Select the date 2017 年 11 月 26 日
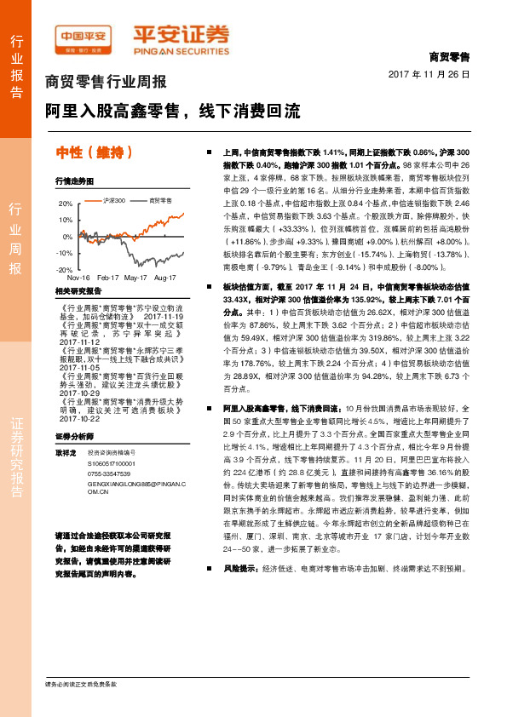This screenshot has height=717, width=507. click(435, 74)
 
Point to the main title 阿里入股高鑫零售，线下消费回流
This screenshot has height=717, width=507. click(173, 111)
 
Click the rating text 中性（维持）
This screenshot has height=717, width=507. click(94, 152)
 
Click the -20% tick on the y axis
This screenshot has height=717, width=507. click(66, 269)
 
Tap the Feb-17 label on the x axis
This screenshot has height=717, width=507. click(107, 278)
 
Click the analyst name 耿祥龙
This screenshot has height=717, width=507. click(66, 451)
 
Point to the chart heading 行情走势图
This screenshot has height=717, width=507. click(74, 181)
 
